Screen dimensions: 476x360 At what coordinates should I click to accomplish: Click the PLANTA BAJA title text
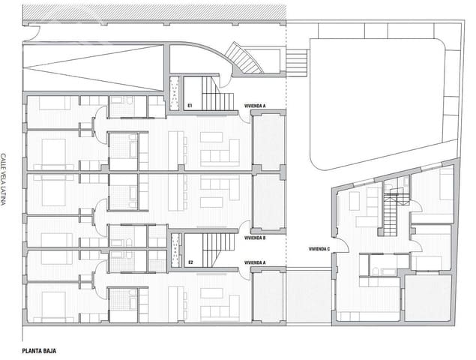39,351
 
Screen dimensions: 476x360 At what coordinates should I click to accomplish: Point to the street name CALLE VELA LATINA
3,179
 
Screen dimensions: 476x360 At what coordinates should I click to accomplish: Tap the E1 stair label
190,106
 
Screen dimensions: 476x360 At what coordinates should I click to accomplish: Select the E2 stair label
190,262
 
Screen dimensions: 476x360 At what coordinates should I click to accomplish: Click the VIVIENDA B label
255,238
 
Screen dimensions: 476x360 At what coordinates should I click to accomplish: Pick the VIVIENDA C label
319,249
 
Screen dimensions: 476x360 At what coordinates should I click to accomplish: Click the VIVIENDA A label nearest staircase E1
255,106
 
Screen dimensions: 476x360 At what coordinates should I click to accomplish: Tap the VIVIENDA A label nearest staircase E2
255,262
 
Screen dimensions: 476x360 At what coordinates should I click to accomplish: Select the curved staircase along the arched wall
245,58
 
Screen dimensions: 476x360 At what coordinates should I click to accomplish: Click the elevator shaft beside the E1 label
175,94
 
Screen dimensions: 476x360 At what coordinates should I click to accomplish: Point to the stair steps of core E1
217,94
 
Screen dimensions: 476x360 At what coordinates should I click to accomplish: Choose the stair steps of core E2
219,250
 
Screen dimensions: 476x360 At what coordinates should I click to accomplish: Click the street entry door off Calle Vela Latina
31,34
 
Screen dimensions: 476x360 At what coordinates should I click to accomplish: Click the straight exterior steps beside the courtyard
297,63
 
